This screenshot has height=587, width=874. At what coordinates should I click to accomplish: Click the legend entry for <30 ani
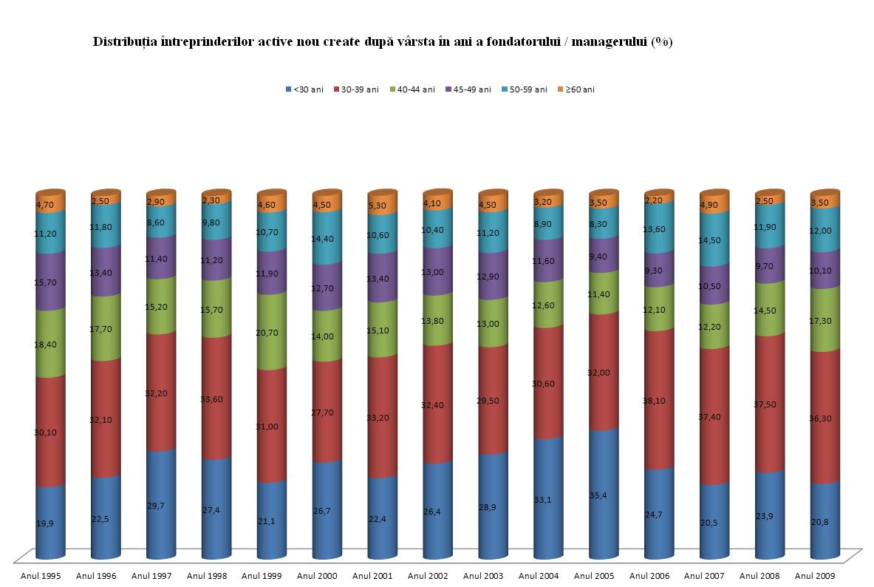tap(304, 89)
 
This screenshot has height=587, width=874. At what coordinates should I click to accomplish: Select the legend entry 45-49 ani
tap(469, 89)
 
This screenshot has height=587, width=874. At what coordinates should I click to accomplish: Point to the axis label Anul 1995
tap(41, 575)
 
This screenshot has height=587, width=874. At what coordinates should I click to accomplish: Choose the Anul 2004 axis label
tap(539, 575)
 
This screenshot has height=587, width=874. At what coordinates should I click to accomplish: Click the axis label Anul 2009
tap(816, 575)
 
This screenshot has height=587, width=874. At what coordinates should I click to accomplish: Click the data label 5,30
tap(377, 206)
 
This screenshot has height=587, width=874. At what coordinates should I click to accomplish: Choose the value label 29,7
tap(156, 504)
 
